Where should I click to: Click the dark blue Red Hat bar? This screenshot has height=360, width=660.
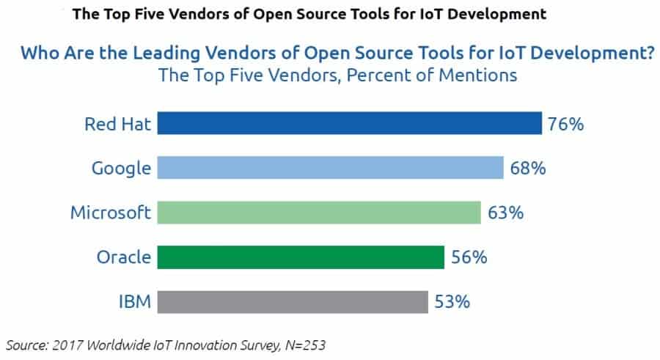(x=349, y=123)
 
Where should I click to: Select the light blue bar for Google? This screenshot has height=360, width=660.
(x=330, y=168)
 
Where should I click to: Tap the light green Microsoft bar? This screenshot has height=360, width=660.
(x=319, y=213)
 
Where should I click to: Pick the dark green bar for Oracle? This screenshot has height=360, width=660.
(x=301, y=257)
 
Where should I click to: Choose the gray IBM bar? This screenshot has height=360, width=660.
(x=293, y=301)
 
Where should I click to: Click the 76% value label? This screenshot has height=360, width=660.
(x=565, y=124)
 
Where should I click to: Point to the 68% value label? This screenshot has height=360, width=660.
(x=528, y=169)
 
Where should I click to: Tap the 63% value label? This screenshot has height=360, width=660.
(x=505, y=213)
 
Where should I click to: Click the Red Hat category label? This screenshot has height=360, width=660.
(x=118, y=124)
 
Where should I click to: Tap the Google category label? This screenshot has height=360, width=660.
(x=121, y=169)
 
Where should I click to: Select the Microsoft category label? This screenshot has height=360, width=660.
(x=111, y=213)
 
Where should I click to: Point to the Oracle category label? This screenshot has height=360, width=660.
(x=124, y=257)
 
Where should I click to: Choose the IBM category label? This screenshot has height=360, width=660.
(x=135, y=302)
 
